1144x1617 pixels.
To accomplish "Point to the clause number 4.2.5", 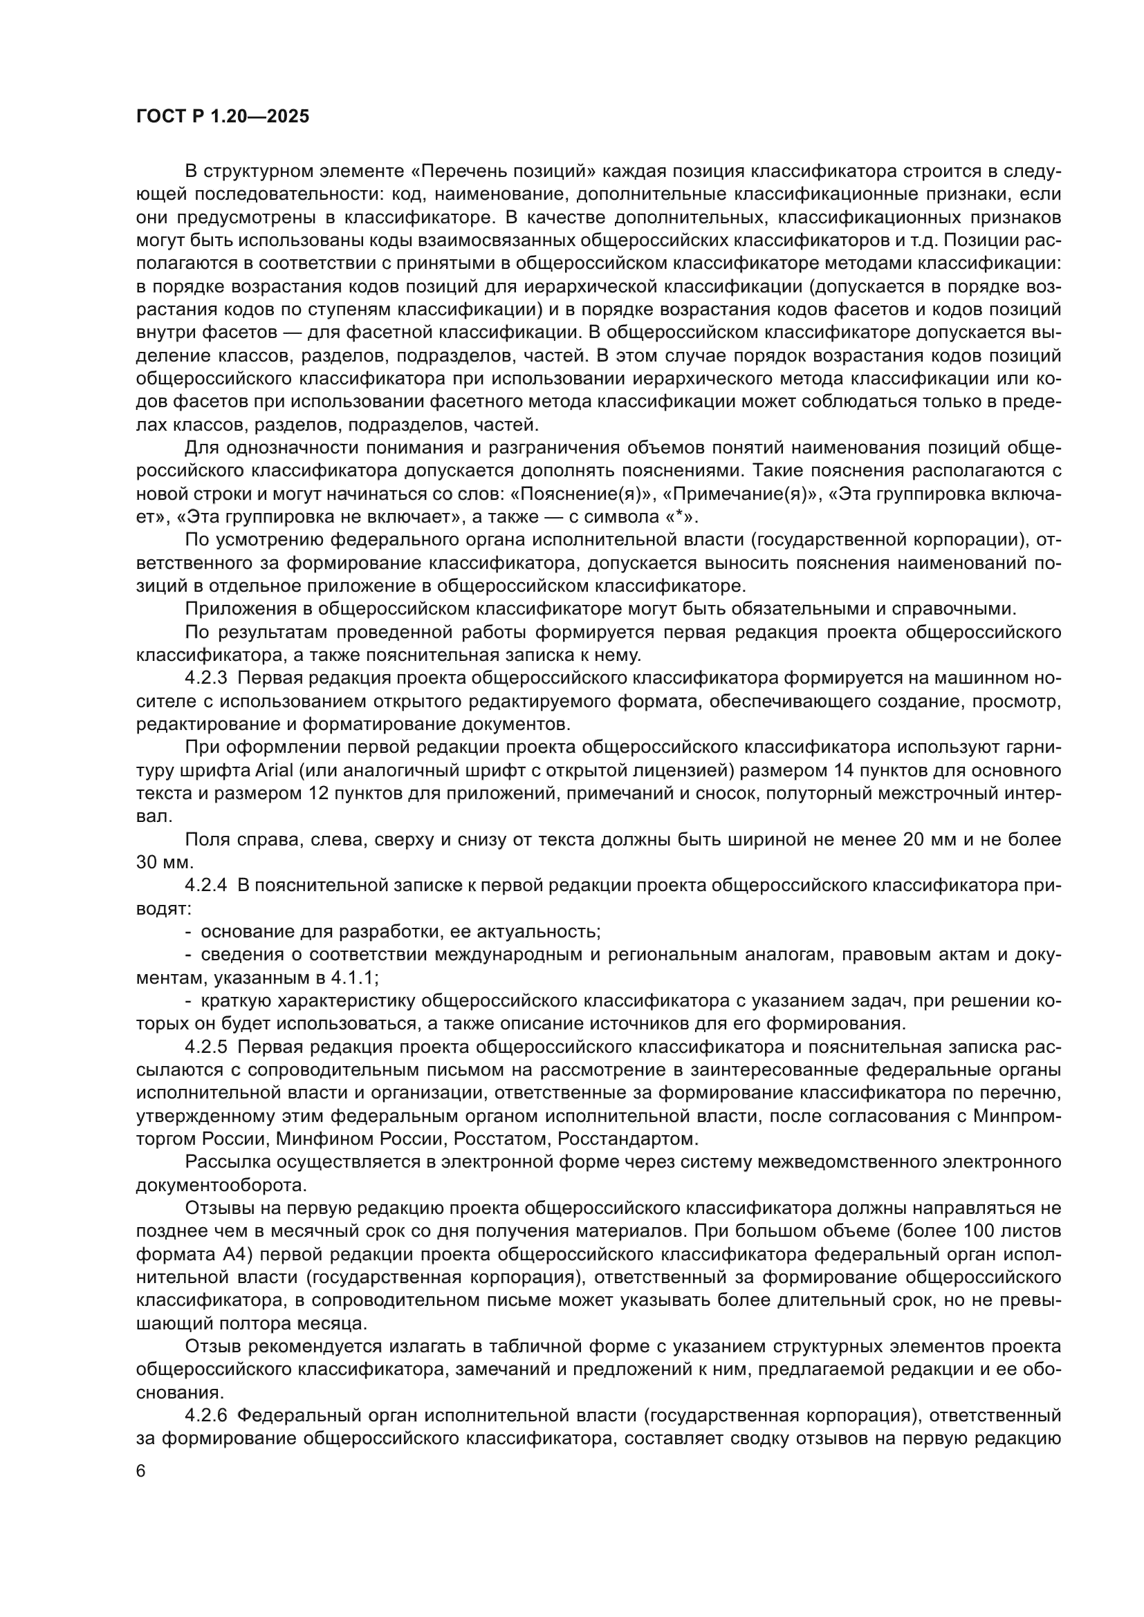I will coord(205,1047).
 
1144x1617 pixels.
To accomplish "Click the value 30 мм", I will coord(163,863).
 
